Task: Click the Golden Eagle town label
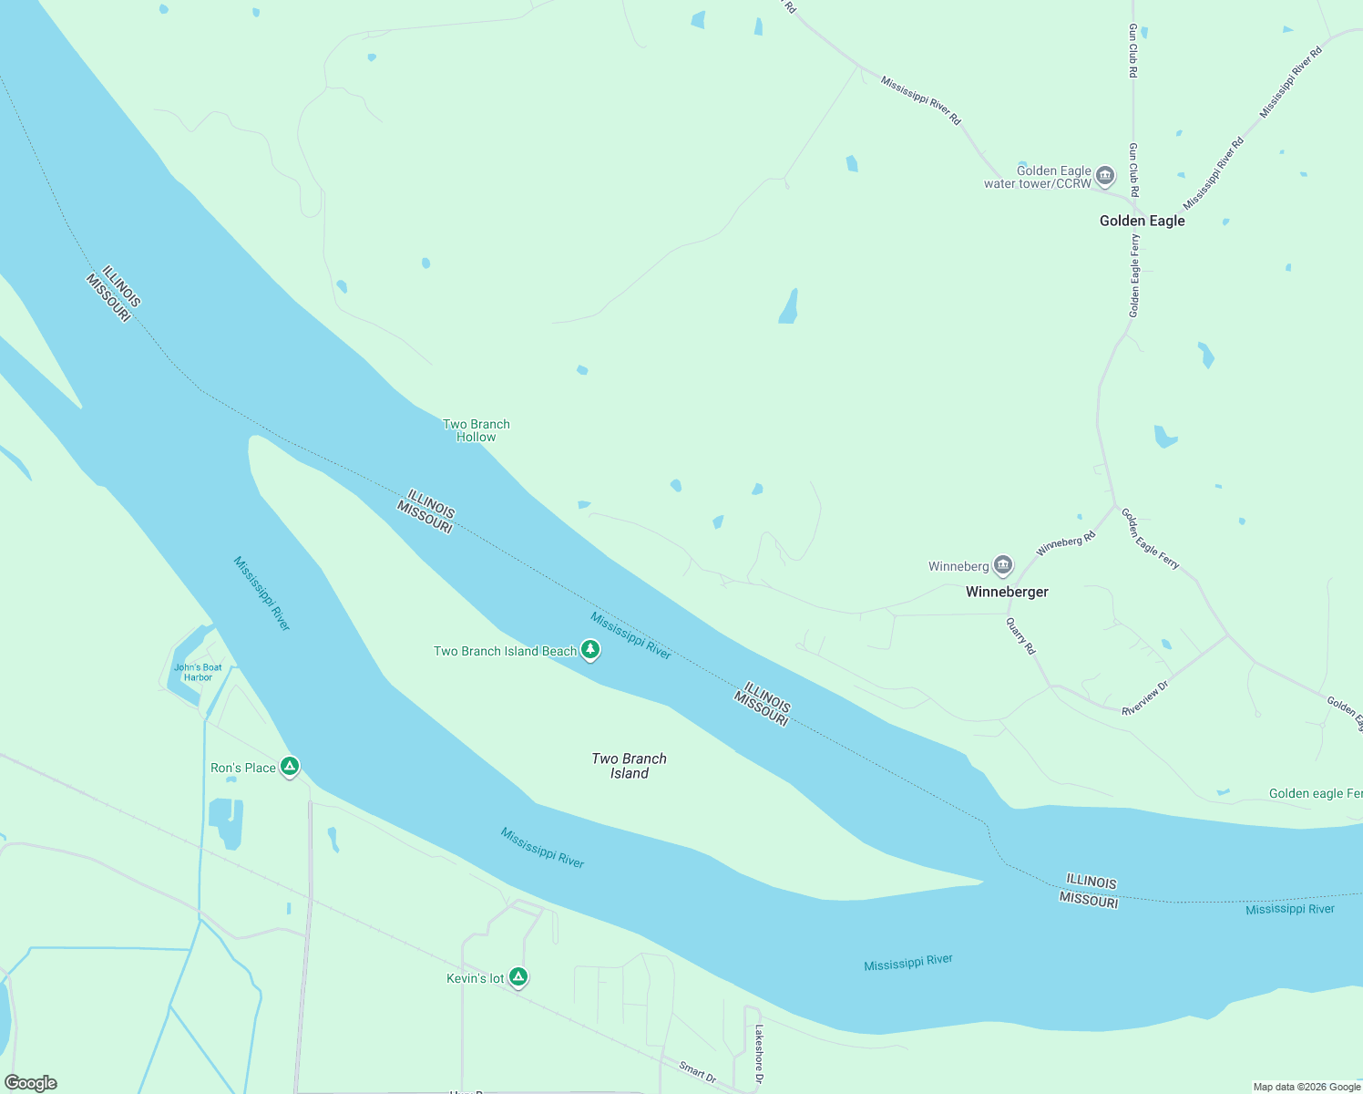[1142, 221]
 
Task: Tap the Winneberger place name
[1007, 592]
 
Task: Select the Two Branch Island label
[629, 766]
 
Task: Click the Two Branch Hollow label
[476, 430]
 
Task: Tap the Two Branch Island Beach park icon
[590, 650]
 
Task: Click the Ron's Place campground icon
[290, 767]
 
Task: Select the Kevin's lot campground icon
[518, 977]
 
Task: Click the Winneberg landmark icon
[1003, 566]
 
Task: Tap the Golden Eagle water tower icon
[1105, 175]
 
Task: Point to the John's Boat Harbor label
[198, 673]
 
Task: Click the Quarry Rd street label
[1021, 636]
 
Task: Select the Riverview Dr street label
[1144, 698]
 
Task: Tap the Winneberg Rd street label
[1065, 545]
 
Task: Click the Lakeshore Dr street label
[759, 1054]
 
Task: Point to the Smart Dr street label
[697, 1072]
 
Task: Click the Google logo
[31, 1083]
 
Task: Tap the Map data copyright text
[1306, 1087]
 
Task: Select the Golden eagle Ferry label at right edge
[1315, 794]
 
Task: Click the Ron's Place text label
[242, 768]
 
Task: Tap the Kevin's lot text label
[475, 978]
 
